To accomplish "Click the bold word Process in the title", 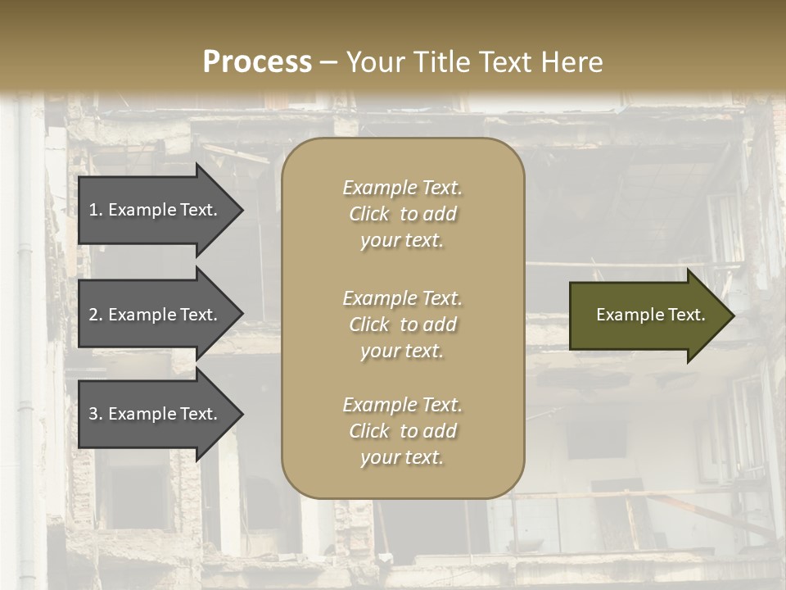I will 257,62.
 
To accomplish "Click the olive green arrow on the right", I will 647,315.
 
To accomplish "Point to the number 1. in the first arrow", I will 95,210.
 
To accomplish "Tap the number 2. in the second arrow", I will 95,315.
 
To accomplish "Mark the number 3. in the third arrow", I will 95,414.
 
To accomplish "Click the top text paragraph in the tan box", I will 402,214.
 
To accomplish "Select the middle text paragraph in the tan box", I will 402,324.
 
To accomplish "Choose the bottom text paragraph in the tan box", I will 402,431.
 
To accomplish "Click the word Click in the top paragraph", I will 369,214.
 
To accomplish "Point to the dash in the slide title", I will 329,62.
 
